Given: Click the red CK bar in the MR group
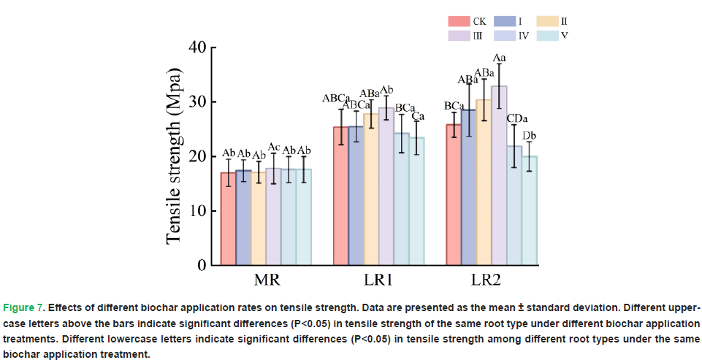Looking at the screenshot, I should click(x=228, y=219).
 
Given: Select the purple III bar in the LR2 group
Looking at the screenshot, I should click(x=499, y=175).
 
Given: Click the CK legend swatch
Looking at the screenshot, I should click(x=459, y=20).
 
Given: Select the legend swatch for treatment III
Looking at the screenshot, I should click(x=459, y=34).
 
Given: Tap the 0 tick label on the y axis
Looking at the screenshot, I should click(x=202, y=265).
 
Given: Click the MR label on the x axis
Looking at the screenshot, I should click(x=266, y=280).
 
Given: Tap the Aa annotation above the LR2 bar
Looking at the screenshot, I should click(x=500, y=58).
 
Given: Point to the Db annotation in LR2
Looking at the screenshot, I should click(x=530, y=135).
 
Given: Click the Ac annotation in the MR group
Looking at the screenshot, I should click(x=274, y=148).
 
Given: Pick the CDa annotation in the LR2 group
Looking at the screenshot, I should click(x=517, y=118).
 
